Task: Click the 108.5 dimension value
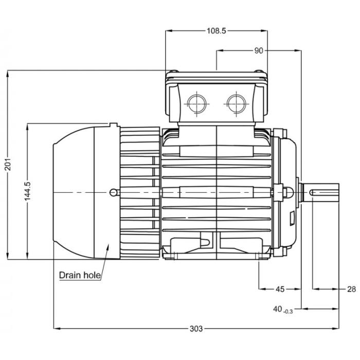tap(217, 31)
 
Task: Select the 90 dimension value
tap(258, 50)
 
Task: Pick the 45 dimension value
tap(279, 289)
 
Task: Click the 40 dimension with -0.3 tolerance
tap(282, 309)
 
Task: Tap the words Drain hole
tap(79, 275)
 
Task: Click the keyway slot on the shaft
tap(324, 192)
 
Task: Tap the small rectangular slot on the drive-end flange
tap(292, 219)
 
